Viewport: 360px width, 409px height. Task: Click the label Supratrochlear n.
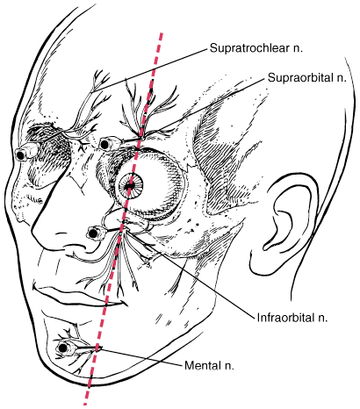pos(256,48)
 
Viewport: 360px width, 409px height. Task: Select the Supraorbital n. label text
pos(307,78)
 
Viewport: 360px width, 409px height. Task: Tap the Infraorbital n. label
pos(292,318)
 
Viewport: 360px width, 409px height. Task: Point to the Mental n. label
pos(209,365)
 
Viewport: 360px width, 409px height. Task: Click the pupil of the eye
pos(130,185)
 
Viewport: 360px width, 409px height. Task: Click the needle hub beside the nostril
pos(96,233)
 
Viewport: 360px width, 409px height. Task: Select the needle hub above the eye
pos(109,144)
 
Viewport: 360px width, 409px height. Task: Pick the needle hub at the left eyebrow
pos(25,152)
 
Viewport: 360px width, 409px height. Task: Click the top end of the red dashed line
pos(162,33)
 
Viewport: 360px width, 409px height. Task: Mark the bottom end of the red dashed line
pos(85,404)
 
